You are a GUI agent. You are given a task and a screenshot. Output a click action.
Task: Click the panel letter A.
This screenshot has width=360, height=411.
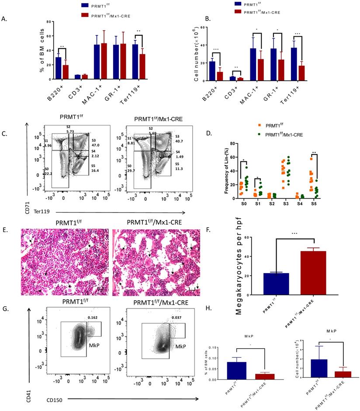4,19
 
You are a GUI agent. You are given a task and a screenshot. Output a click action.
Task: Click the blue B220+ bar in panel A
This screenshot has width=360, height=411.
58,68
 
